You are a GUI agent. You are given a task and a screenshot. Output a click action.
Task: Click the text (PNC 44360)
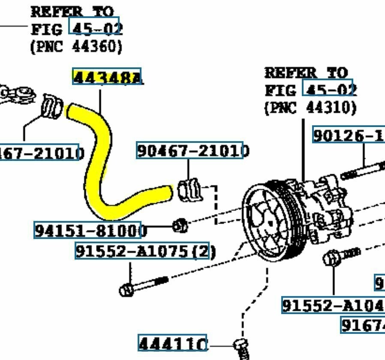pos(76,46)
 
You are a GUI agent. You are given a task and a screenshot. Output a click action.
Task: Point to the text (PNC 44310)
pos(310,107)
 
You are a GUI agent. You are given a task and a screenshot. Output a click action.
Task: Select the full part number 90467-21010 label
pos(189,150)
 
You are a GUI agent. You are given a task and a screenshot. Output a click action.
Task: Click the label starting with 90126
pos(349,135)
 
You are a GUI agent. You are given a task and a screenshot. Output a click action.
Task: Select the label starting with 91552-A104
pos(332,305)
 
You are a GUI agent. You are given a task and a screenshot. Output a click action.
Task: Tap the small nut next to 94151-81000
pos(180,225)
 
